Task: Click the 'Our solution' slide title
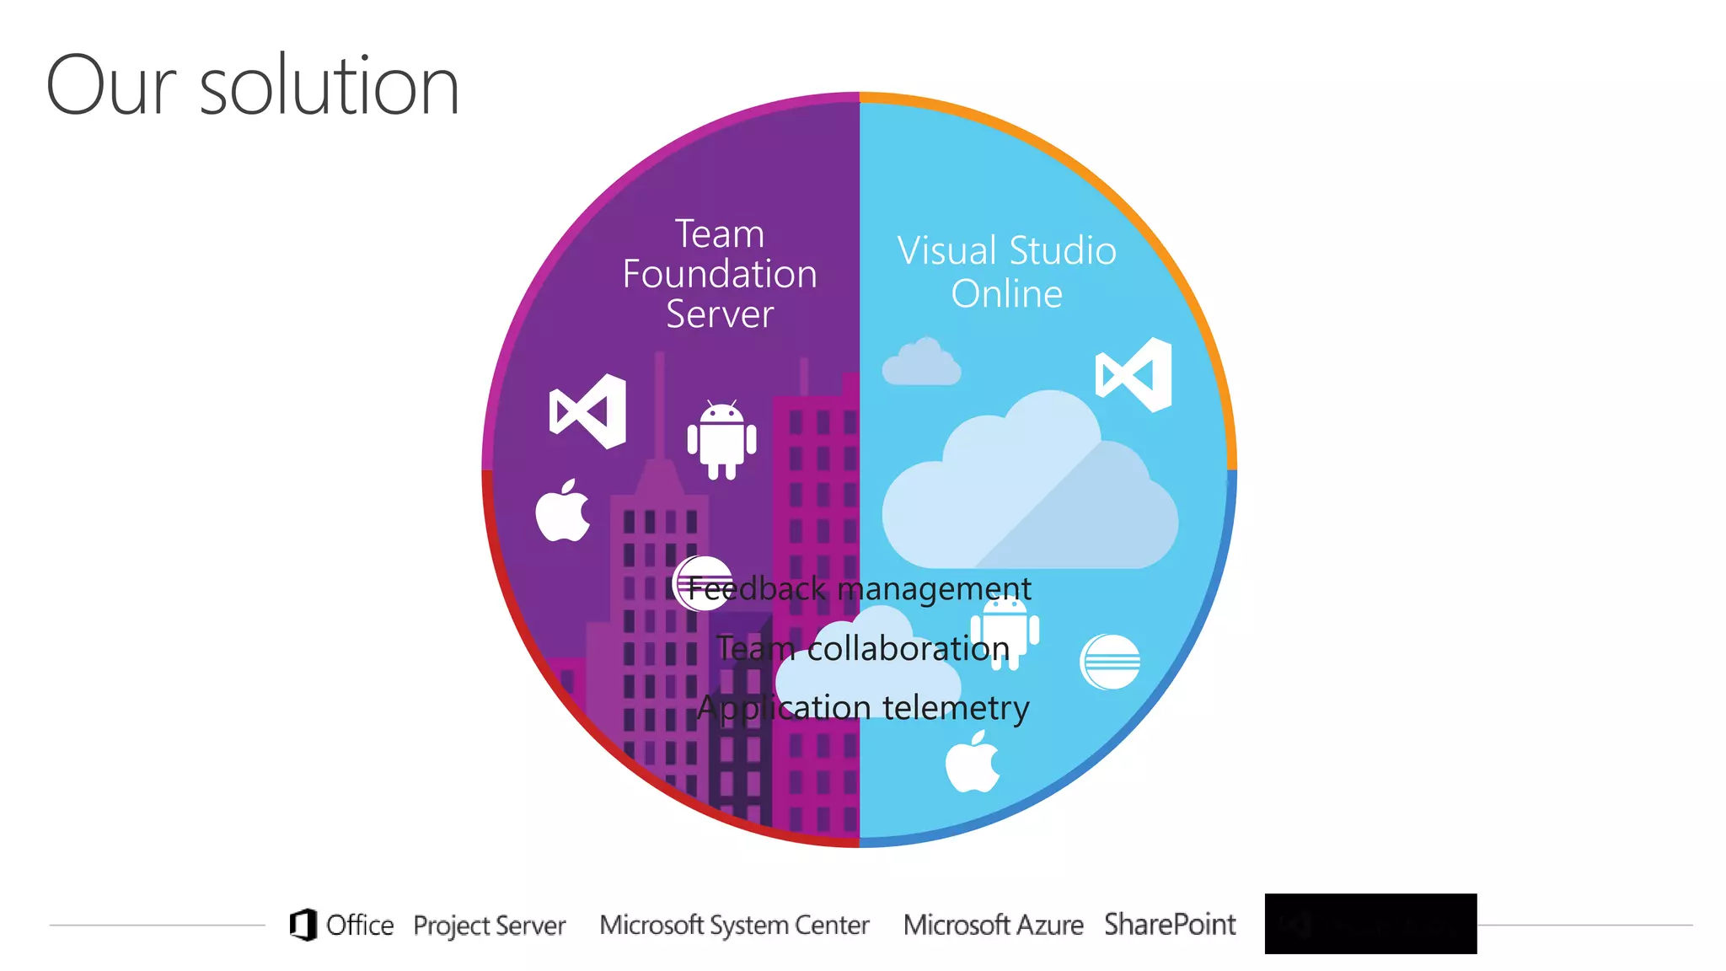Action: tap(253, 85)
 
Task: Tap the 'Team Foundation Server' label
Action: tap(720, 273)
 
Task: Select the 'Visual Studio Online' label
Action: tap(1006, 271)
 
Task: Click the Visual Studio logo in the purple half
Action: tap(588, 411)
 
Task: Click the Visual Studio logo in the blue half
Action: tap(1134, 374)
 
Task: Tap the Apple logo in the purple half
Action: tap(563, 511)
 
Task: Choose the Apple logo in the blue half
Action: tap(973, 763)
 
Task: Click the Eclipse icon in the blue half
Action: tap(1110, 662)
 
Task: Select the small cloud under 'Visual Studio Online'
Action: tap(921, 363)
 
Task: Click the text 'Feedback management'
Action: tap(860, 588)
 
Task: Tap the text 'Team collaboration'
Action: tap(863, 648)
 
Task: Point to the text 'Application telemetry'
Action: tap(863, 708)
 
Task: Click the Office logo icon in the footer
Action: tap(303, 925)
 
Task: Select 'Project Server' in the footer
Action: tap(489, 925)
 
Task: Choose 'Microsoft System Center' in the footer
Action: tap(734, 925)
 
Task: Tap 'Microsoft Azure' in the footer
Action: tap(993, 925)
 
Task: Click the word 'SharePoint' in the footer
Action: tap(1170, 925)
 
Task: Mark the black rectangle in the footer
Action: tap(1370, 924)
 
